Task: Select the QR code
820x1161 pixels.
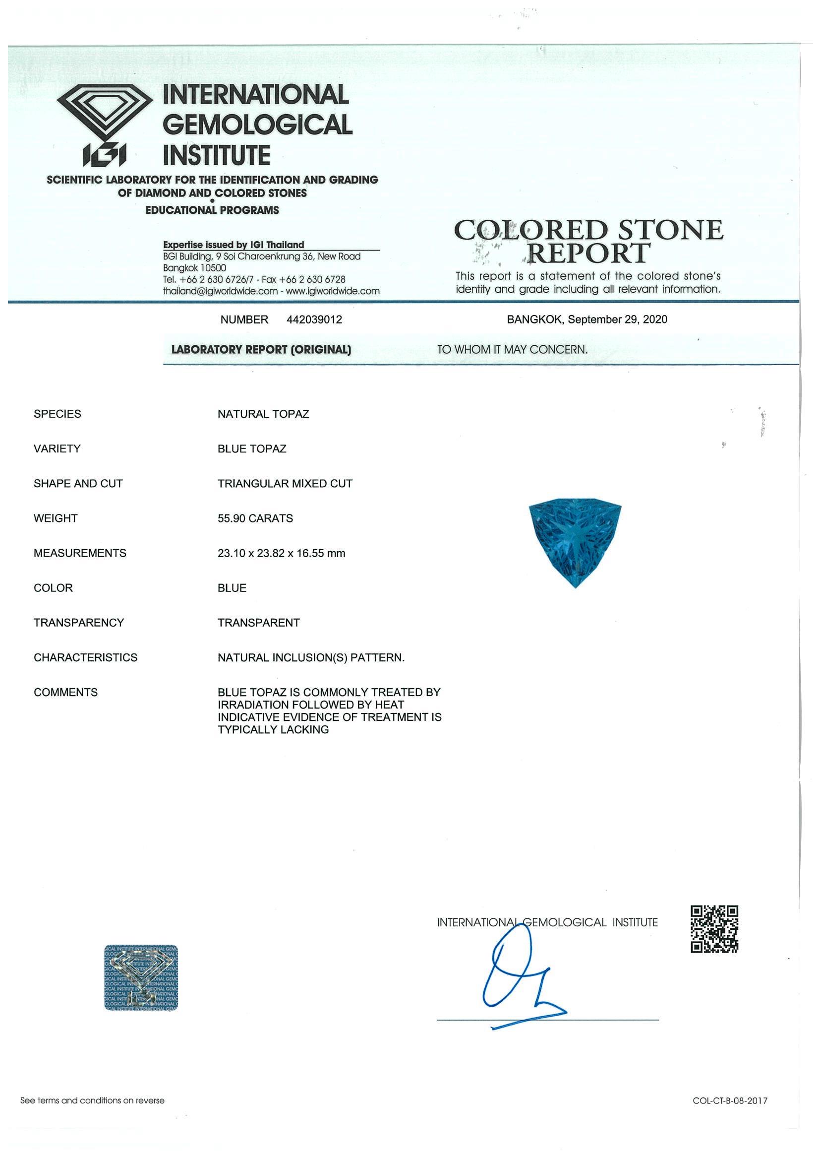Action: tap(714, 929)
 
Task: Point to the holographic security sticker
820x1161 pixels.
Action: tap(141, 977)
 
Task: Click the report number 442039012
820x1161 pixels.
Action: tap(314, 320)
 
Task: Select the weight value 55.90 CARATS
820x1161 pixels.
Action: tap(255, 518)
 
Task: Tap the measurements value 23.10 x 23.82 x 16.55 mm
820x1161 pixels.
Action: tap(282, 553)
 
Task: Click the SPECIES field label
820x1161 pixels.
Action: tap(57, 414)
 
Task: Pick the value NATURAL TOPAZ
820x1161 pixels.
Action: tap(263, 414)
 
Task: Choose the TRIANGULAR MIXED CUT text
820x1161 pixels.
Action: tap(285, 483)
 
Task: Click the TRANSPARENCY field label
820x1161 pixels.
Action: tap(79, 623)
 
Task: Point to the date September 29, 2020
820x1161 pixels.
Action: tap(617, 320)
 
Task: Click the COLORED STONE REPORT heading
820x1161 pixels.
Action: tap(588, 242)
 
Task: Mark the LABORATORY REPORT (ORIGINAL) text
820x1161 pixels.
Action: tap(261, 349)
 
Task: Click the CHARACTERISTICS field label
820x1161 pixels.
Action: tap(85, 657)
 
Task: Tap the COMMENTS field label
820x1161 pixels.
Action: tap(65, 692)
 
